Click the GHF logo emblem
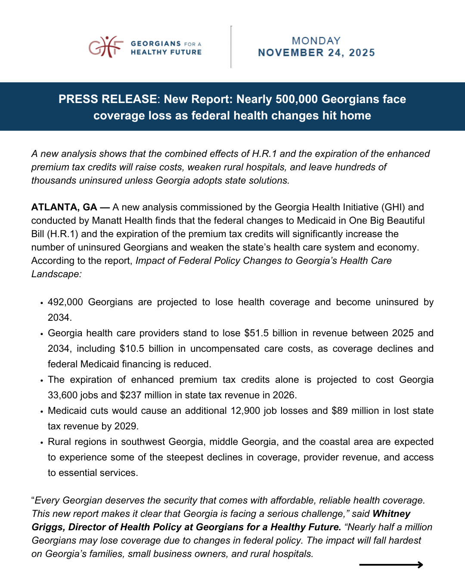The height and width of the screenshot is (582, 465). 105,47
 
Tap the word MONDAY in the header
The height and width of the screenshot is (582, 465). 316,41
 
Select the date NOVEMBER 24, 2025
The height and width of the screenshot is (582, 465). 316,53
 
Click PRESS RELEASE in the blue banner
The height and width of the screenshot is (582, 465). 108,99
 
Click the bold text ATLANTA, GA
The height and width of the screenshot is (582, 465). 64,207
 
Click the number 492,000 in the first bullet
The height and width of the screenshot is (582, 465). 65,302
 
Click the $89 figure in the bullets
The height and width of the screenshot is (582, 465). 339,411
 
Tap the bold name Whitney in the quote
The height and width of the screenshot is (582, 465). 391,514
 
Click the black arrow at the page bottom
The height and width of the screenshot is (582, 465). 391,565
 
